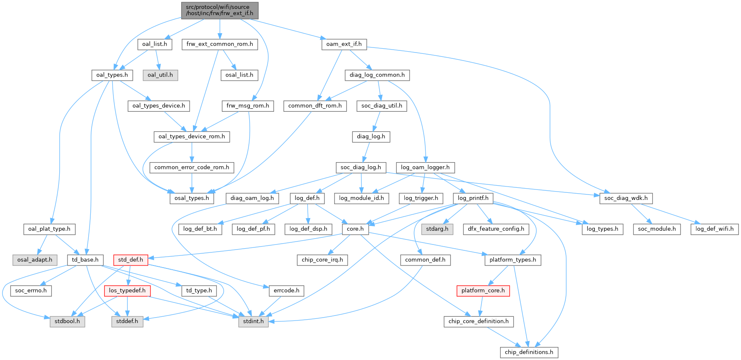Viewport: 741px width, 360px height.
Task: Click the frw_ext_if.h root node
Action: [219, 10]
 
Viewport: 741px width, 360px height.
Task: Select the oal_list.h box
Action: [154, 44]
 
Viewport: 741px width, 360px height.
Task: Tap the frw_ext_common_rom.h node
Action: [219, 44]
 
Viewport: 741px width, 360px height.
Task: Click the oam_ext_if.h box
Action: [344, 44]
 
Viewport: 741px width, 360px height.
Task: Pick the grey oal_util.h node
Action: [160, 75]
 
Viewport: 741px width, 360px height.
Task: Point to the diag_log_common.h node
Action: [377, 75]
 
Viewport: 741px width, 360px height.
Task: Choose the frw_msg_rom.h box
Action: [248, 106]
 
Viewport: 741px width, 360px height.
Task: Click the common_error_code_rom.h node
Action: [192, 168]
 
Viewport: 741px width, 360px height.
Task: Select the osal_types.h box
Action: [192, 198]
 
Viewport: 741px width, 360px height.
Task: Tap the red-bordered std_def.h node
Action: [130, 260]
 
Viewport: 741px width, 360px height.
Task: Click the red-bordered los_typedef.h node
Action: [127, 291]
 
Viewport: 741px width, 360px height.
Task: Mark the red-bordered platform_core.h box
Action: [483, 291]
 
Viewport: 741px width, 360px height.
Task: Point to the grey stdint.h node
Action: [253, 321]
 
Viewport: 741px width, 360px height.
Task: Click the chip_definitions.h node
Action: [529, 352]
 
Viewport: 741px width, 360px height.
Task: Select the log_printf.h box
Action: [473, 198]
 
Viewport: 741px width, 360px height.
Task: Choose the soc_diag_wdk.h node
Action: [626, 198]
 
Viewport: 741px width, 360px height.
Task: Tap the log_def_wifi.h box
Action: [714, 229]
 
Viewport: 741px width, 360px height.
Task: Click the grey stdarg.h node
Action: [437, 229]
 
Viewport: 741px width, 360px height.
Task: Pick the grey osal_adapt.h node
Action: [34, 260]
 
